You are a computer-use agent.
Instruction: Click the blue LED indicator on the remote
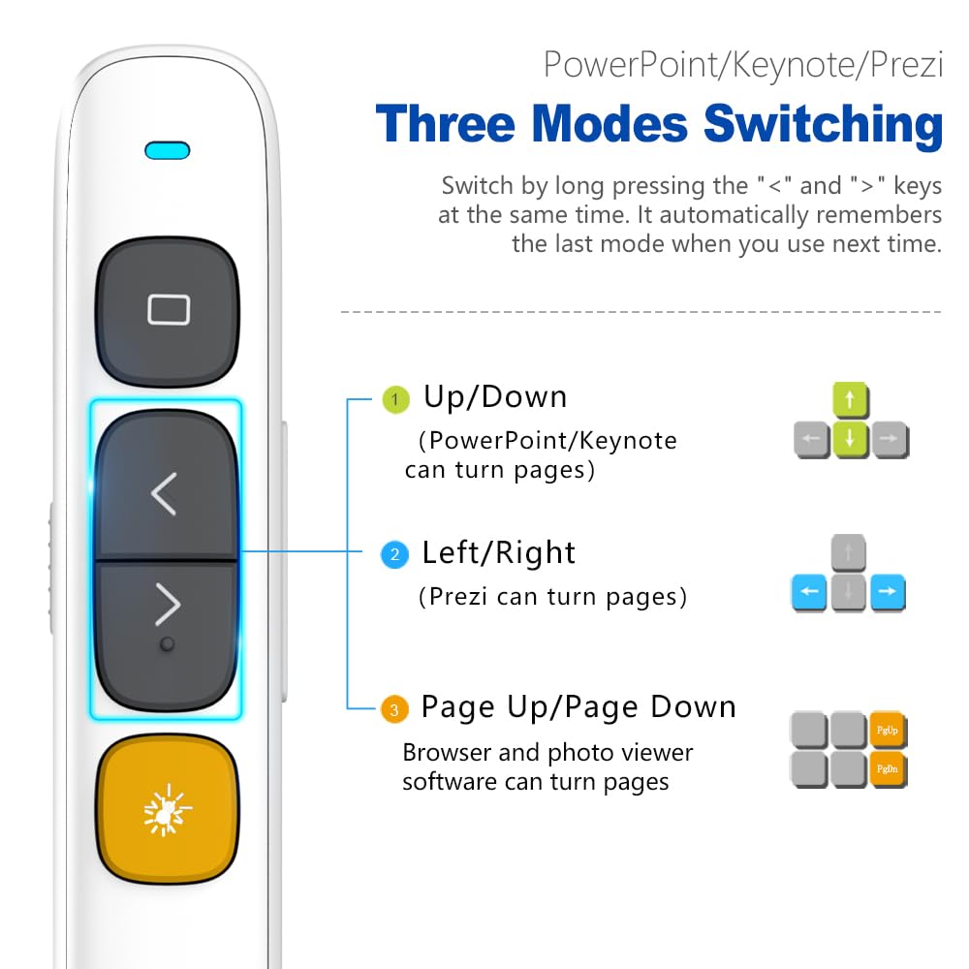168,150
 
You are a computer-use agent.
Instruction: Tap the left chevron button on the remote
165,494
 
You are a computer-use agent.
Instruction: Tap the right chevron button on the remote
167,606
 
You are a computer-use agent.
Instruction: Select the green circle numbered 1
394,399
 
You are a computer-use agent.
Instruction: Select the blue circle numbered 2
394,555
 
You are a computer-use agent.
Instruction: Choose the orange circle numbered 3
393,710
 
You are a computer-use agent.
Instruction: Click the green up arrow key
850,398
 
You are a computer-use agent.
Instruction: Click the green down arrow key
850,438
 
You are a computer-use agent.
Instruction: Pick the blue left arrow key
809,592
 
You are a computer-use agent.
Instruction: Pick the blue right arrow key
888,592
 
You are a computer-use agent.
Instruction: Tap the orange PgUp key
888,729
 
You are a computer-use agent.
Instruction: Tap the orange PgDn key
888,768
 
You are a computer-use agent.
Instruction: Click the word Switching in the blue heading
823,126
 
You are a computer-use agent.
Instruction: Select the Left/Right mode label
498,553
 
